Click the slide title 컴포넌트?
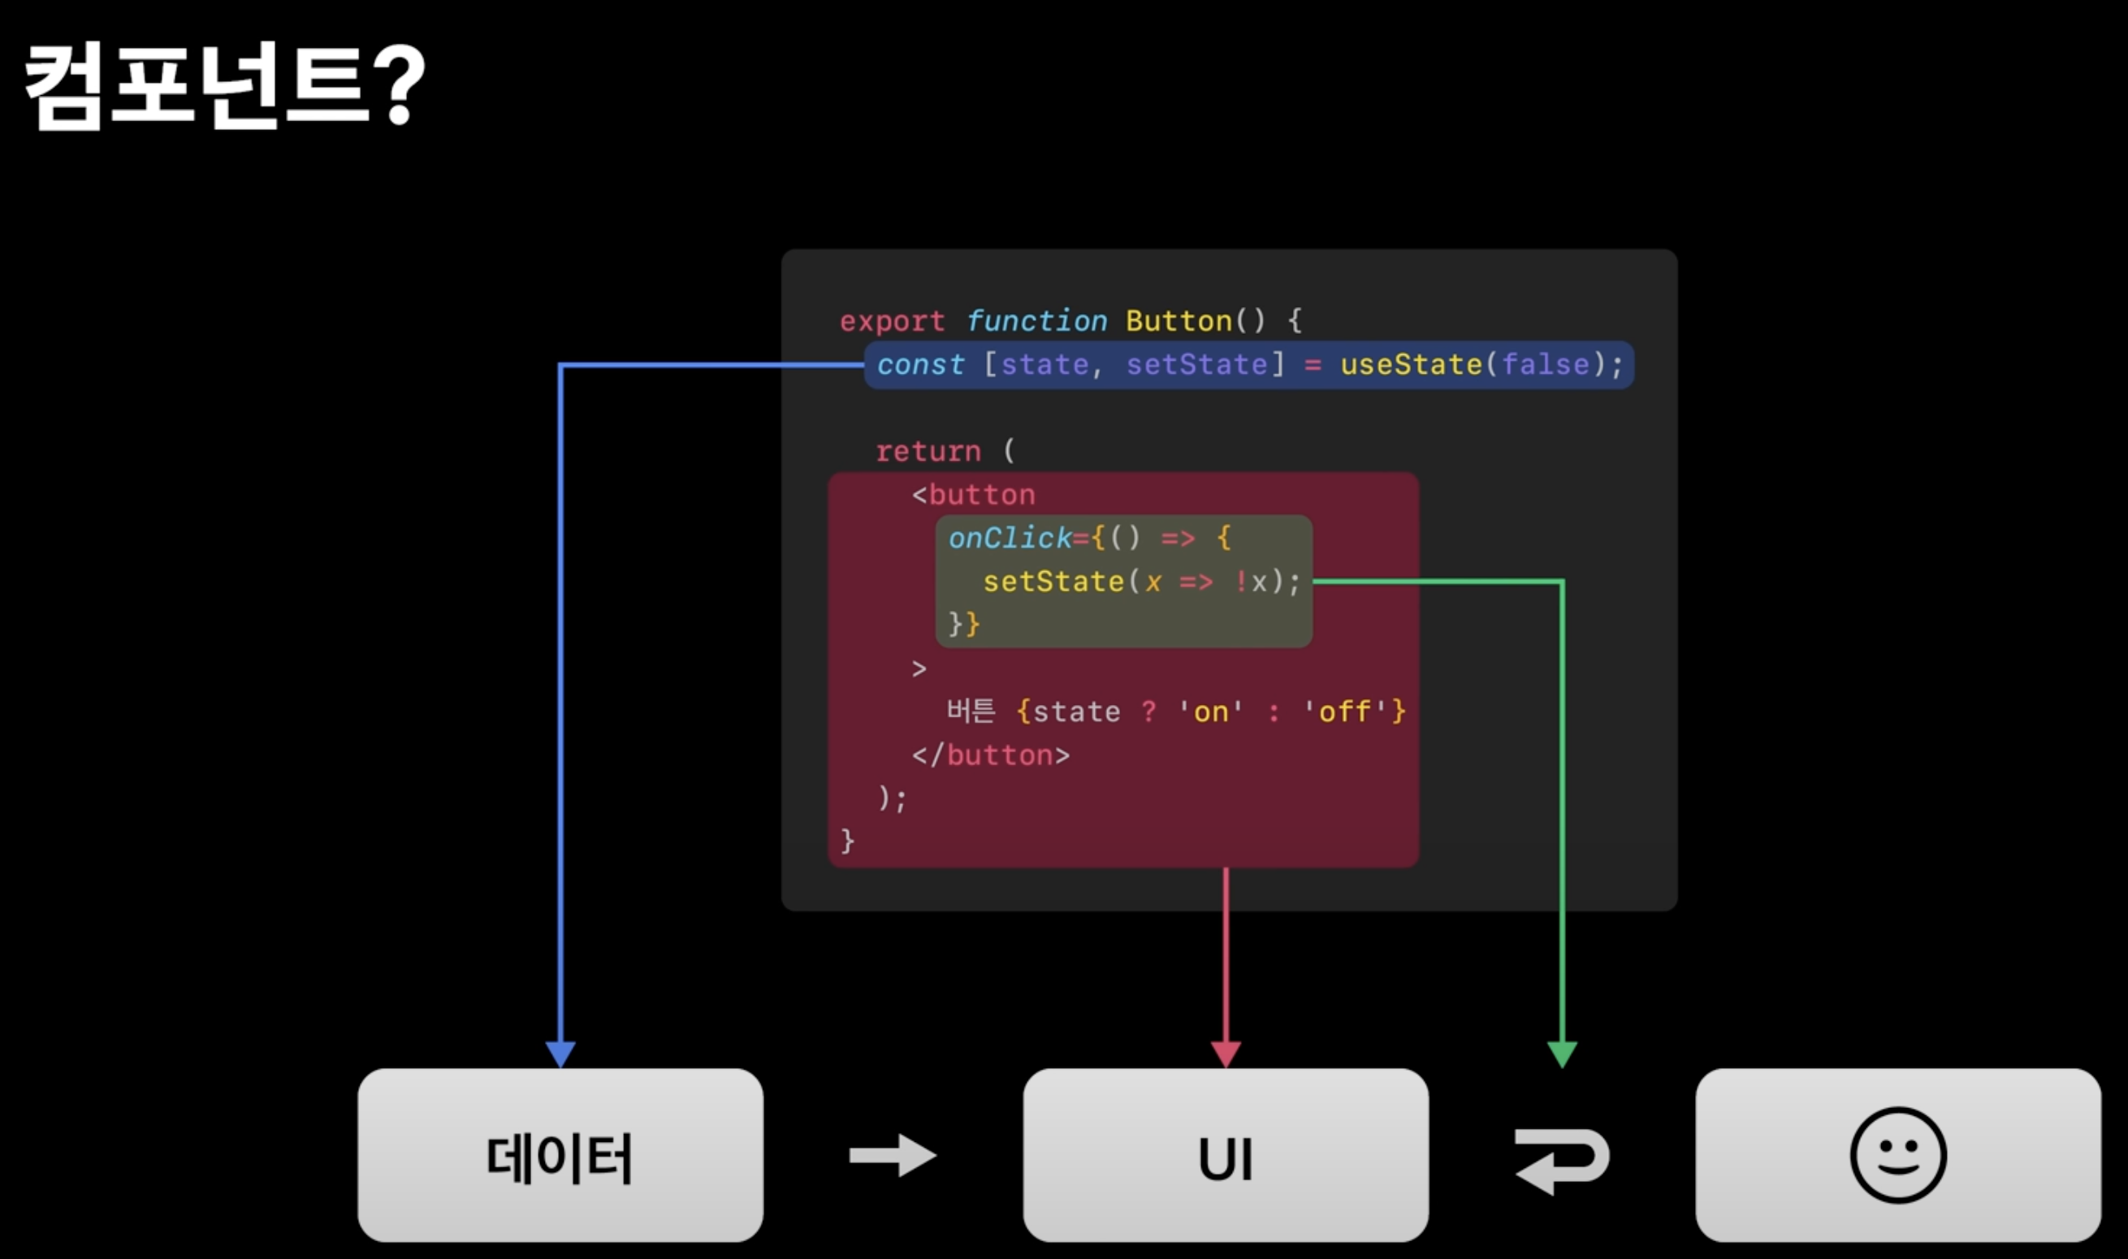225,84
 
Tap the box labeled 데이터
560,1156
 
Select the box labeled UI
1226,1156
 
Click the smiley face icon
1898,1156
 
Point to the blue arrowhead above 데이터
560,1053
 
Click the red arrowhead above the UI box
1226,1053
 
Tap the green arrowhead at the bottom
1562,1053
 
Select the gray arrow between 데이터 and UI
893,1156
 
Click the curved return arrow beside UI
1562,1161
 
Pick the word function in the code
1036,322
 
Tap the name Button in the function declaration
1179,322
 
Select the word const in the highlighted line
920,365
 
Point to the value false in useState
1546,365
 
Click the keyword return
928,452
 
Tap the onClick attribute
1010,538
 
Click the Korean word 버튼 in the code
971,711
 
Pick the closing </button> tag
991,755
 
